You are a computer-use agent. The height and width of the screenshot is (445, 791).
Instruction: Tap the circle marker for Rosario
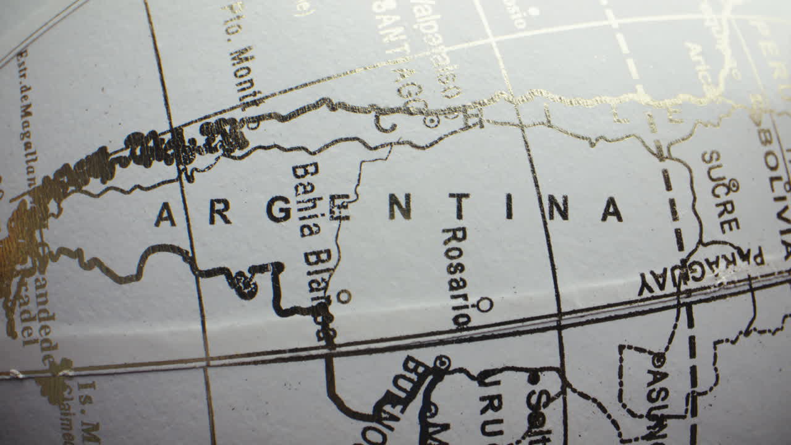coord(485,304)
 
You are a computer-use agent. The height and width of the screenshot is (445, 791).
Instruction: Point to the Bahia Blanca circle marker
coord(344,297)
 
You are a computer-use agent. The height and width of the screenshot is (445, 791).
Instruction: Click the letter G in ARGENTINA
coord(279,210)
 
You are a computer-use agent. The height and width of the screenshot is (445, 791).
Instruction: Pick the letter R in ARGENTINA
coord(220,212)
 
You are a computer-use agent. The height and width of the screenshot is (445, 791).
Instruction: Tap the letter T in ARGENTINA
coord(459,206)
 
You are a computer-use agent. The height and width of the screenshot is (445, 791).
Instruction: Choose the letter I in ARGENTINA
coord(509,206)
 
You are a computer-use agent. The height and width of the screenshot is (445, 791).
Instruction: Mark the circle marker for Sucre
coord(734,184)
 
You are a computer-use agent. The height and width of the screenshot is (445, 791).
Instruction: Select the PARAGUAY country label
coord(701,272)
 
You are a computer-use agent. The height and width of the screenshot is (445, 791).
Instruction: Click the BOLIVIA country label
coord(777,185)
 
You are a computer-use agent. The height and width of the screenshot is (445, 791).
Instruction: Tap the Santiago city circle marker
coord(431,121)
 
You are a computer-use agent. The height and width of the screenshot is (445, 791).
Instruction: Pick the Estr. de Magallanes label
coord(28,117)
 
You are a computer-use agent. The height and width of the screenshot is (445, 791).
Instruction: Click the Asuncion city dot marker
coord(658,359)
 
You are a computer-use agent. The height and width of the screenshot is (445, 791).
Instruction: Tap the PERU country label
coord(772,49)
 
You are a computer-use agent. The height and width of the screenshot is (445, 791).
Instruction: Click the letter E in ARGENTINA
coord(339,208)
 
